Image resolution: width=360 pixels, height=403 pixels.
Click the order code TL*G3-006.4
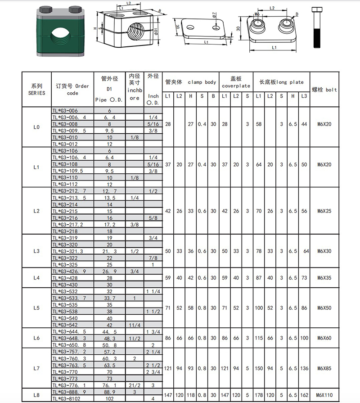point(69,118)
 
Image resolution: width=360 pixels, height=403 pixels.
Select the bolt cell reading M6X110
point(324,395)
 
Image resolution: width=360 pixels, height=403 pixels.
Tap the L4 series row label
point(36,278)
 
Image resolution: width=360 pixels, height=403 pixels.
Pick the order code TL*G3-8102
point(66,398)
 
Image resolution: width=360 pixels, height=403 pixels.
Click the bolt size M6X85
point(324,368)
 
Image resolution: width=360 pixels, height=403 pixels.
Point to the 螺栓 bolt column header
point(324,90)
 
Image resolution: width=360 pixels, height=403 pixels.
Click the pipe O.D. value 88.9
point(109,392)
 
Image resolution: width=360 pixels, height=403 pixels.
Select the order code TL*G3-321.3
point(68,251)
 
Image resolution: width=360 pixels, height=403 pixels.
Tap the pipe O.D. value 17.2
point(110,225)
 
